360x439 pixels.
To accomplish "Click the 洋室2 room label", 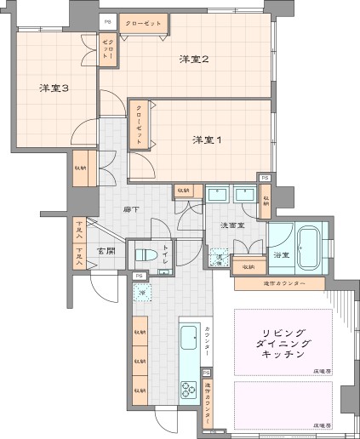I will [193, 59].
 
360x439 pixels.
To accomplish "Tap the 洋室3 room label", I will [54, 88].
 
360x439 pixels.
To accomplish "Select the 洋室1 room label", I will [207, 140].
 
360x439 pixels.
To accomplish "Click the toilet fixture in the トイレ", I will [143, 255].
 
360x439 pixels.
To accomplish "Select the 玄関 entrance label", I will [106, 251].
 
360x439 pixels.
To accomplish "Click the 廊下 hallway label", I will [131, 208].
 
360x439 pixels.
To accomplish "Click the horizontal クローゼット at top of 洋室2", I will [142, 23].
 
